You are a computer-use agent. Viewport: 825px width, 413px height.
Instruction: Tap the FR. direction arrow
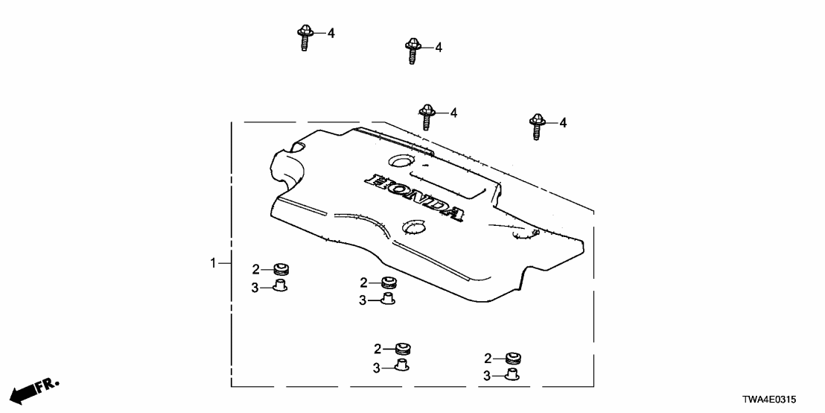(x=34, y=389)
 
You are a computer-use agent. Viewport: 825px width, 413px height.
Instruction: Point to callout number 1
(x=213, y=263)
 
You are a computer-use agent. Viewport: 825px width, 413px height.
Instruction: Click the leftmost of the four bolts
(x=305, y=37)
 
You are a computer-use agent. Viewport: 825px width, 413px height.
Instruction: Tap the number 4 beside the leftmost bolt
(x=331, y=33)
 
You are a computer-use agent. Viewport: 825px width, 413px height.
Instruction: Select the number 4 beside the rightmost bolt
(x=563, y=122)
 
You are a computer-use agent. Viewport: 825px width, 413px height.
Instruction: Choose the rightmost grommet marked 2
(x=512, y=358)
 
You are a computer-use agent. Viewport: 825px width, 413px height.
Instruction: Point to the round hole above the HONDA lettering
(x=400, y=160)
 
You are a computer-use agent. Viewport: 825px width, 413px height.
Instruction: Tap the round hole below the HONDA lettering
(x=412, y=225)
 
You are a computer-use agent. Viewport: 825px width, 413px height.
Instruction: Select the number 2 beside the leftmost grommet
(x=255, y=269)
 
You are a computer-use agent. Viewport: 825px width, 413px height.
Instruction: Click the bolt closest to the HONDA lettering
(x=427, y=116)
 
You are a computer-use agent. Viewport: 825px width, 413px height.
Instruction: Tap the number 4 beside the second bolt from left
(x=439, y=47)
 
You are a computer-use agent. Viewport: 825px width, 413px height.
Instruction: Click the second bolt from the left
(x=412, y=51)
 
